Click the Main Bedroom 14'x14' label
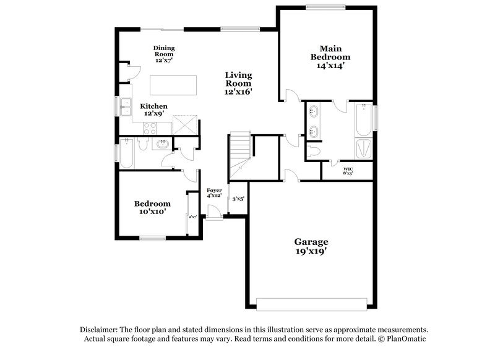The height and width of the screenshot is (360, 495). (x=327, y=56)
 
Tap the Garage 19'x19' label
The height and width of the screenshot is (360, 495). (x=311, y=247)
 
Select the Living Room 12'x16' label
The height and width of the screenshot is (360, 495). (x=238, y=83)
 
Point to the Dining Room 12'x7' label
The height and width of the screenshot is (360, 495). (x=164, y=54)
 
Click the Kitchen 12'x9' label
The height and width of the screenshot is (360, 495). (x=153, y=109)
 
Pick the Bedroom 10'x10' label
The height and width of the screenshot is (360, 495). (x=152, y=207)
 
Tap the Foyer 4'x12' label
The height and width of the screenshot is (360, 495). (x=214, y=192)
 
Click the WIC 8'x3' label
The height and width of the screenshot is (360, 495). (x=348, y=171)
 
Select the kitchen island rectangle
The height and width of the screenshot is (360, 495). (x=173, y=84)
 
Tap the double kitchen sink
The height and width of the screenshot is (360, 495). (x=126, y=107)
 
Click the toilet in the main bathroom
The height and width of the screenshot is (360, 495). (x=314, y=150)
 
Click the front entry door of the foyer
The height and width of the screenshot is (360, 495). (x=214, y=216)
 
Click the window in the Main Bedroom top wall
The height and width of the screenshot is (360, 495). (x=326, y=7)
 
